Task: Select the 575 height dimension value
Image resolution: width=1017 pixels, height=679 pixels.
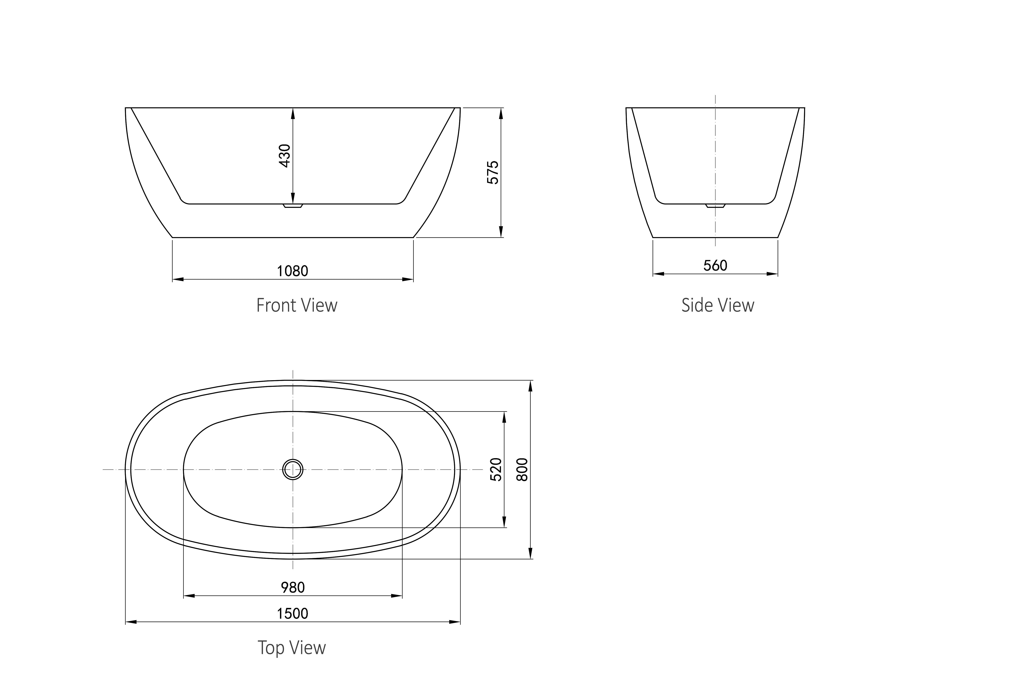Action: pos(493,172)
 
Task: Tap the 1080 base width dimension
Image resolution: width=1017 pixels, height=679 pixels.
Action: pos(293,271)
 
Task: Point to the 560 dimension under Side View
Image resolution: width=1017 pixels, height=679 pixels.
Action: pos(715,265)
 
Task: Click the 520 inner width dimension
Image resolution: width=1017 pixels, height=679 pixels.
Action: pos(496,469)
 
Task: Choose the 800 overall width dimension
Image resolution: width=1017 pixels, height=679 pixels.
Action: pos(523,469)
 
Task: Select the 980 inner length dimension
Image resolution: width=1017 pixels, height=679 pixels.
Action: pos(293,588)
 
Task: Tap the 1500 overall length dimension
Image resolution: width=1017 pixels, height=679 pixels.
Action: pos(293,614)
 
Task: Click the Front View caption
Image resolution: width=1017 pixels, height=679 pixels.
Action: pos(297,305)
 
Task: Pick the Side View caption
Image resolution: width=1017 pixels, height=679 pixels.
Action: pos(718,305)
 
